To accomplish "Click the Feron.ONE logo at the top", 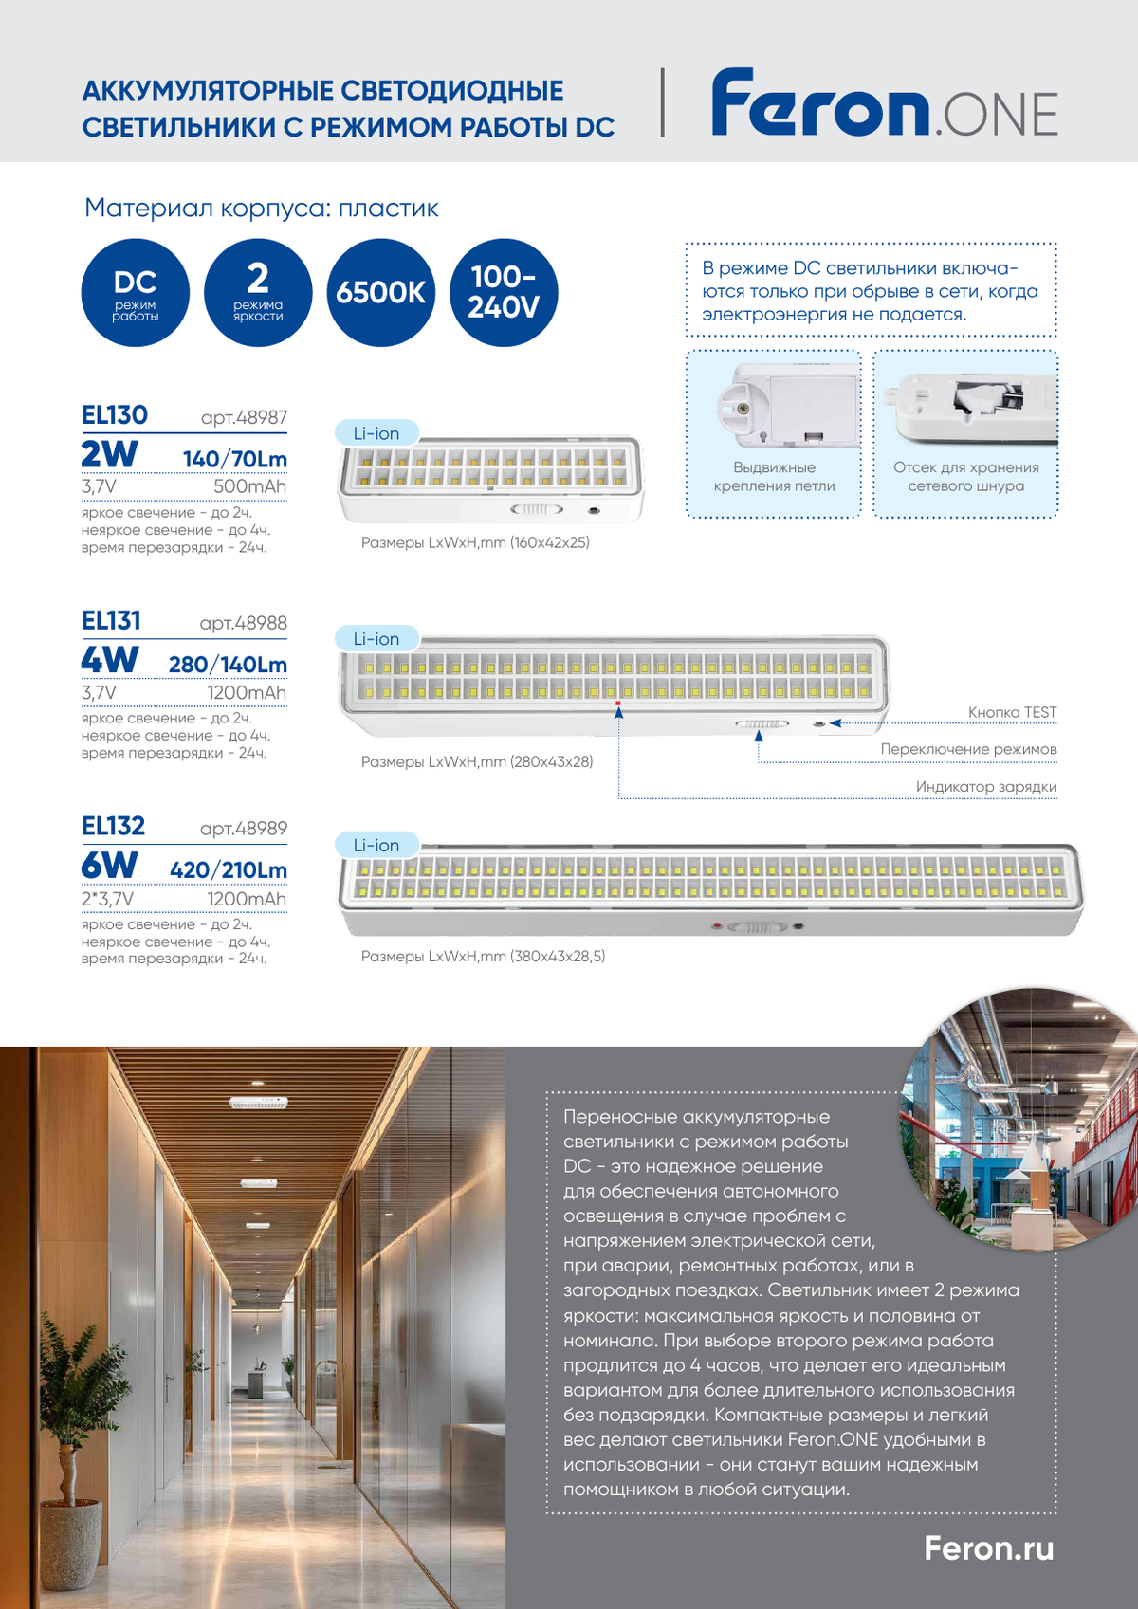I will (884, 103).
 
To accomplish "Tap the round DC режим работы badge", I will (136, 292).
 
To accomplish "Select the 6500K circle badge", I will (381, 292).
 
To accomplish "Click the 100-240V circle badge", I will (504, 292).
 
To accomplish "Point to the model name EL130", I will (115, 415).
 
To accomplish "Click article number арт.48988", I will (243, 623).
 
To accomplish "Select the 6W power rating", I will (109, 866).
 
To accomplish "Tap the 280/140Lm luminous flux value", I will (228, 665).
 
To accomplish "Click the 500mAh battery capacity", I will (249, 486).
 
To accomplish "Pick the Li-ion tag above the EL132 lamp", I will (376, 845).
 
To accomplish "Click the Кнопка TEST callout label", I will (1012, 712).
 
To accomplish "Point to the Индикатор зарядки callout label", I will (986, 787).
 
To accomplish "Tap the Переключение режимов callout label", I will (968, 749).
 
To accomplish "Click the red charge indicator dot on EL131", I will (618, 704).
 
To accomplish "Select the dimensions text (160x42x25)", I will (475, 542).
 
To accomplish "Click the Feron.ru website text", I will (989, 1548).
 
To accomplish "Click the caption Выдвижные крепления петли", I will (774, 476).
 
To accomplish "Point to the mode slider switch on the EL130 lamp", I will (537, 509).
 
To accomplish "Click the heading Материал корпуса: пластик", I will (262, 208).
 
